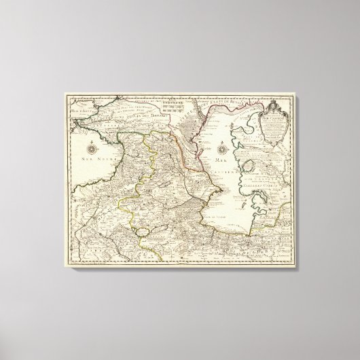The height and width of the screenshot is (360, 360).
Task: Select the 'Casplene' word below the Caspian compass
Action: coord(223,173)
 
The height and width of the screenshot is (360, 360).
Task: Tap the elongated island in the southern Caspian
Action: coord(242,204)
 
